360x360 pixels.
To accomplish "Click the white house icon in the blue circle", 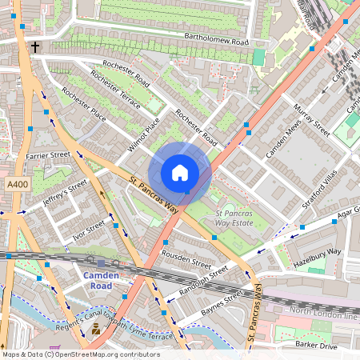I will point(180,173).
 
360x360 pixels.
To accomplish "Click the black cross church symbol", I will point(35,48).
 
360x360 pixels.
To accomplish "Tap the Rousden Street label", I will point(186,261).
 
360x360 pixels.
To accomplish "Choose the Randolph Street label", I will point(204,281).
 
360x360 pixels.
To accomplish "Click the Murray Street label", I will point(311,118).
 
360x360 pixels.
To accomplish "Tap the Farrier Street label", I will point(48,154).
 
